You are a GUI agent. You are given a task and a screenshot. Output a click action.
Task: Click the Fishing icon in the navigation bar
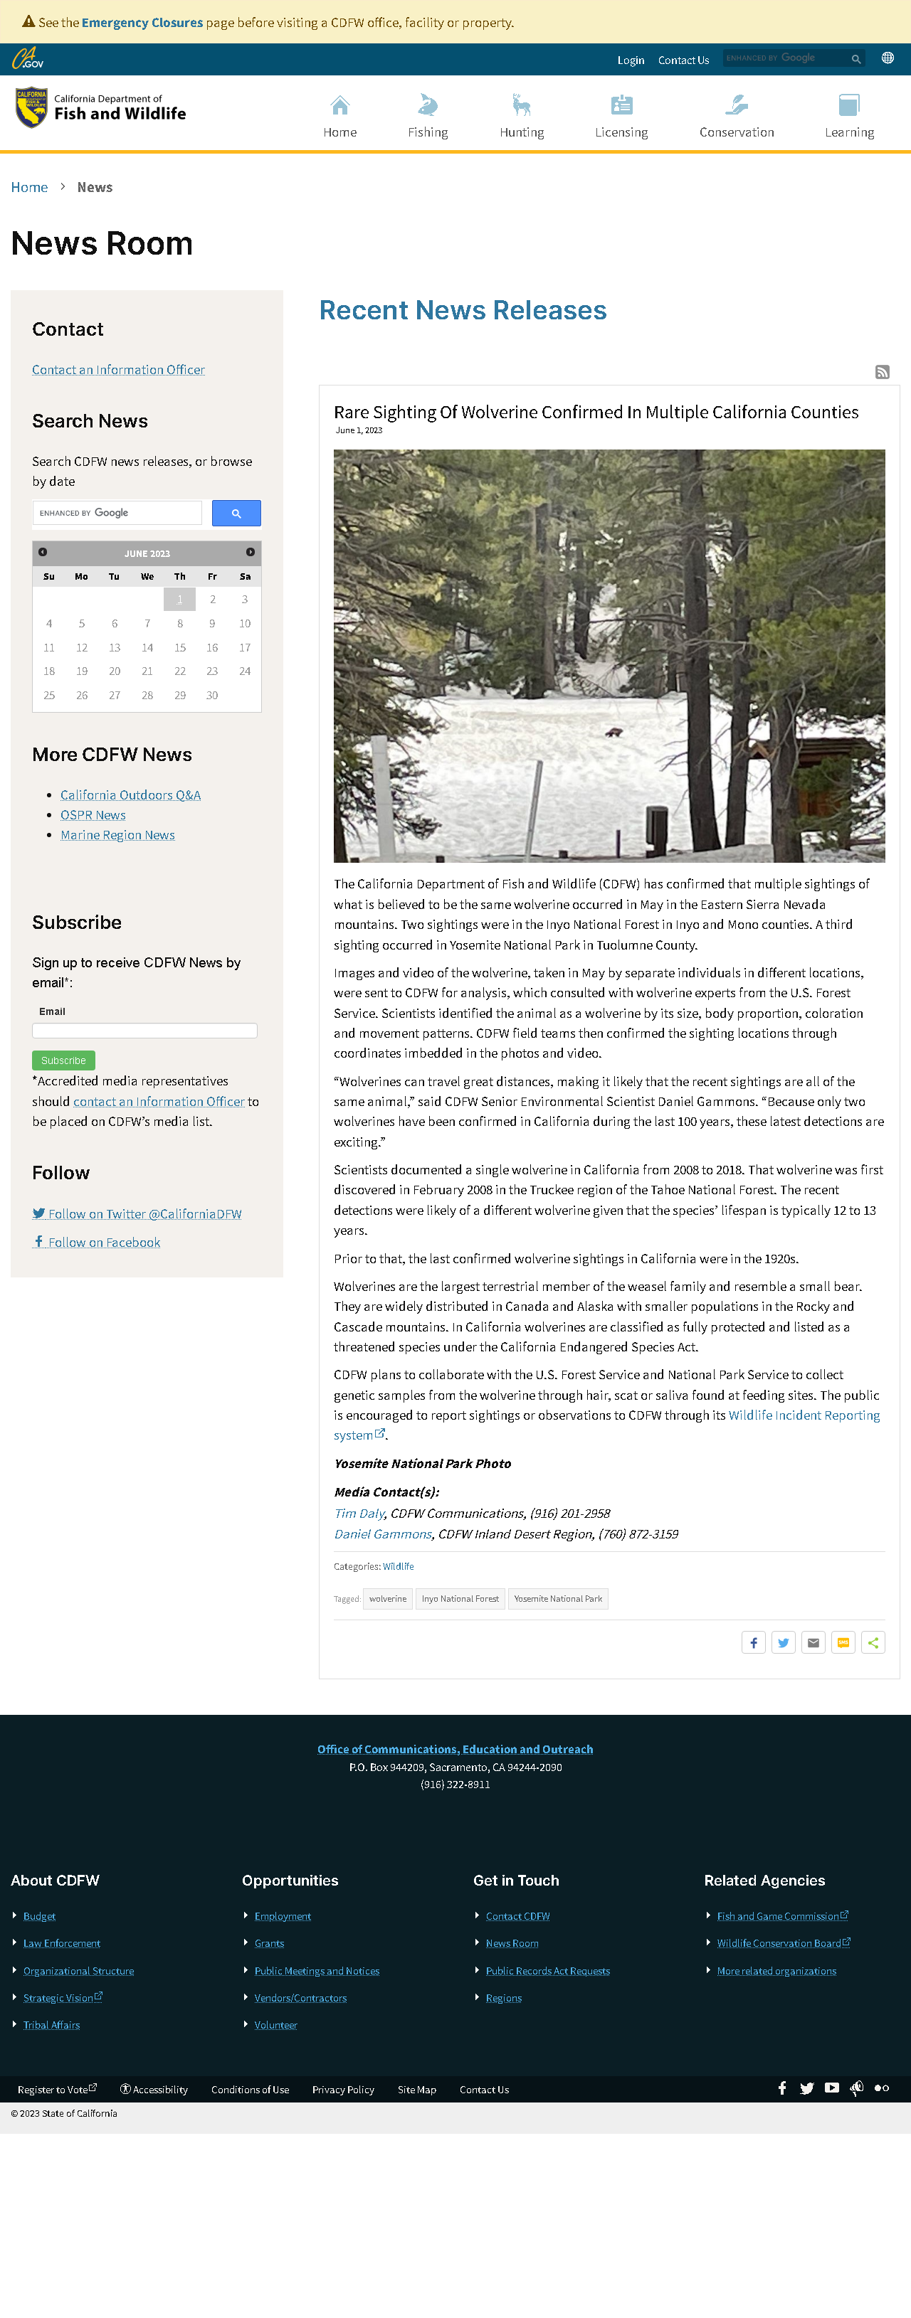pyautogui.click(x=428, y=106)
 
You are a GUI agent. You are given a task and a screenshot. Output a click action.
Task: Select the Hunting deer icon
pyautogui.click(x=521, y=106)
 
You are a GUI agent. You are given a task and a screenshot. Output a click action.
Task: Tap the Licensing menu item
pyautogui.click(x=621, y=132)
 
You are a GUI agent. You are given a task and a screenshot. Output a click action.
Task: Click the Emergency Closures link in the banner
pyautogui.click(x=142, y=23)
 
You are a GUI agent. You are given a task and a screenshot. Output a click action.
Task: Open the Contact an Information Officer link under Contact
pyautogui.click(x=118, y=370)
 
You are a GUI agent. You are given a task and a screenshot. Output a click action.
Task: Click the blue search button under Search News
pyautogui.click(x=236, y=513)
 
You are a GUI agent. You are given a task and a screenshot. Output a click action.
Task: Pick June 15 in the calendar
pyautogui.click(x=180, y=648)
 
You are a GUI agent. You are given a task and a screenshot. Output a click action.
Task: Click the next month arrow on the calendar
pyautogui.click(x=251, y=553)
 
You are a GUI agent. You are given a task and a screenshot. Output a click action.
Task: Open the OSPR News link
pyautogui.click(x=93, y=815)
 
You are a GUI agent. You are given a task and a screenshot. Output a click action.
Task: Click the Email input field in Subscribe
pyautogui.click(x=144, y=1031)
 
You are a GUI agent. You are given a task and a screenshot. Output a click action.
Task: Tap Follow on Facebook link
pyautogui.click(x=103, y=1243)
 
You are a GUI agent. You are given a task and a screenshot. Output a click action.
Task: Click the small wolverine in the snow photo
pyautogui.click(x=613, y=733)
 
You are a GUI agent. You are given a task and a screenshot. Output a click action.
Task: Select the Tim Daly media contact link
pyautogui.click(x=359, y=1514)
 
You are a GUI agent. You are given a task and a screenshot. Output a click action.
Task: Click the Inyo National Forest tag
pyautogui.click(x=460, y=1599)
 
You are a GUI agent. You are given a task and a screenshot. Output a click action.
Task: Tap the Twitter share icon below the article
pyautogui.click(x=783, y=1643)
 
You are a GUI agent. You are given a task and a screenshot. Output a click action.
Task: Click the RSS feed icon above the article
pyautogui.click(x=883, y=372)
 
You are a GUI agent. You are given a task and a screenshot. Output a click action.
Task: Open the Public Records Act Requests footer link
pyautogui.click(x=547, y=1971)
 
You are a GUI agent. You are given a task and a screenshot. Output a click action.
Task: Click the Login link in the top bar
pyautogui.click(x=630, y=60)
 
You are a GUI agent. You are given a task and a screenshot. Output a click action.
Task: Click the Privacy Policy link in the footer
pyautogui.click(x=343, y=2090)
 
